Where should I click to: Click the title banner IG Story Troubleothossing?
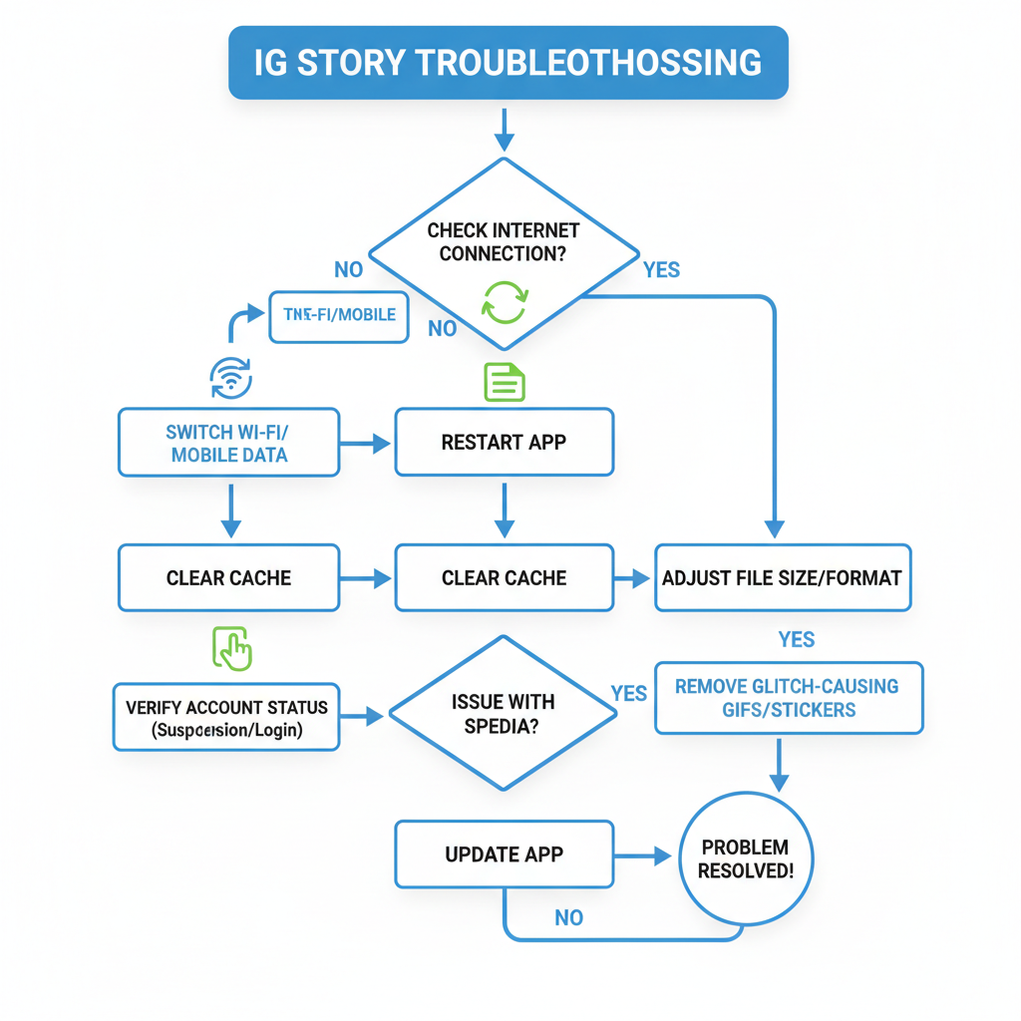click(509, 63)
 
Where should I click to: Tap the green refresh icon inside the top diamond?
click(505, 300)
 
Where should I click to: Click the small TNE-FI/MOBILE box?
click(339, 315)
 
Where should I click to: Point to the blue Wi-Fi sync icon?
click(231, 378)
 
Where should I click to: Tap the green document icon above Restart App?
click(504, 382)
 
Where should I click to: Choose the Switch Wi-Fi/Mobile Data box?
click(229, 442)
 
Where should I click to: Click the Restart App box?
click(504, 442)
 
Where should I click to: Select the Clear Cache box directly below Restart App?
click(504, 577)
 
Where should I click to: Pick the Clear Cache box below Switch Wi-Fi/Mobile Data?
click(229, 577)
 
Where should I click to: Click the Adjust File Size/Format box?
click(782, 577)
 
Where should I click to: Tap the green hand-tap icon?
click(232, 648)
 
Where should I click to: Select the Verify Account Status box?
click(226, 718)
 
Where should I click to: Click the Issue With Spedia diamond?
click(503, 714)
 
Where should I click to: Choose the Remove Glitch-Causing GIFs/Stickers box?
click(788, 698)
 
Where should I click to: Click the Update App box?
click(504, 854)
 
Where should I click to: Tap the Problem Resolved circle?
click(745, 858)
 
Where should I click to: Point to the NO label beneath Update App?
click(568, 917)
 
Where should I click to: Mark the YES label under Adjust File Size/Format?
click(796, 639)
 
